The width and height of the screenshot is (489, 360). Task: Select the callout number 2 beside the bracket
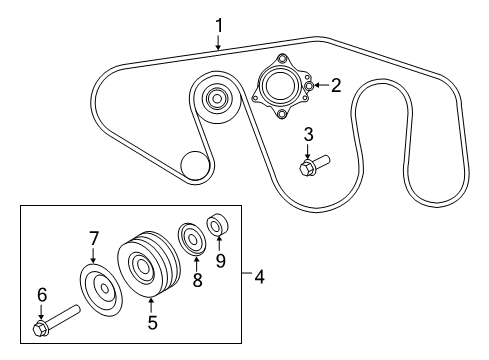(x=336, y=86)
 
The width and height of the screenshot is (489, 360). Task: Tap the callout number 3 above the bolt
(x=309, y=134)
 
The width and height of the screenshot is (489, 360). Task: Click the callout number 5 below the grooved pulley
(x=152, y=323)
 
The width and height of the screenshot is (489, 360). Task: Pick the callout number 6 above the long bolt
(x=42, y=294)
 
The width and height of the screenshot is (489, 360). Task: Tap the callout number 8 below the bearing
(x=197, y=282)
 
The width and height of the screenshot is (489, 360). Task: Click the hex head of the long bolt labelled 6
(x=41, y=328)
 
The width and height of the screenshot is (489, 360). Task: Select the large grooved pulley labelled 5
(x=146, y=268)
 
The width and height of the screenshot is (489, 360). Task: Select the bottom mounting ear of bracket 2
(x=281, y=115)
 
